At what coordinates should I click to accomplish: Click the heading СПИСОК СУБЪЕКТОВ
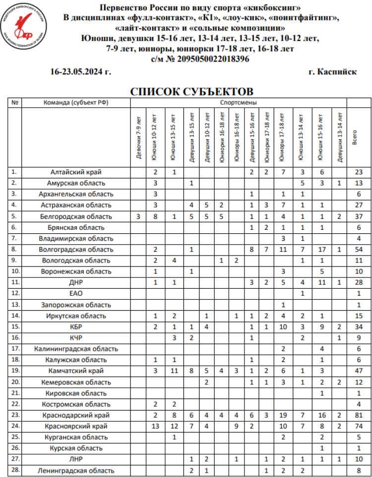coord(191,92)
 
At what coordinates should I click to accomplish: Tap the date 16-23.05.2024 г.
coord(81,72)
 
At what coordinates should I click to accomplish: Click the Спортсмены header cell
coord(239,103)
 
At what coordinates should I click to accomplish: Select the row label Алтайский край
coord(76,172)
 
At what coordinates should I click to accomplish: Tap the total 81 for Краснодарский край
coord(359,415)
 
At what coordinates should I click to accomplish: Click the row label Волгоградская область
coord(76,249)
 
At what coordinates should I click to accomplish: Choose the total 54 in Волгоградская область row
coord(359,249)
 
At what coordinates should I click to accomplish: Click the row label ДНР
coord(76,282)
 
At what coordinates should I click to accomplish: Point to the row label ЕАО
coord(76,293)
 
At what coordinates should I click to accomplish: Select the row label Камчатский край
coord(76,371)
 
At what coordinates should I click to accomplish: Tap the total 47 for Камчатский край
coord(359,371)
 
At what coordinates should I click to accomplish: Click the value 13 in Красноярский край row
coord(155,426)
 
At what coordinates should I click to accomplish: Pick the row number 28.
coord(15,470)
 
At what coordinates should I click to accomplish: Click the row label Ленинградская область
coord(76,471)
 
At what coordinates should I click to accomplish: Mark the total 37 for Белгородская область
coord(359,216)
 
